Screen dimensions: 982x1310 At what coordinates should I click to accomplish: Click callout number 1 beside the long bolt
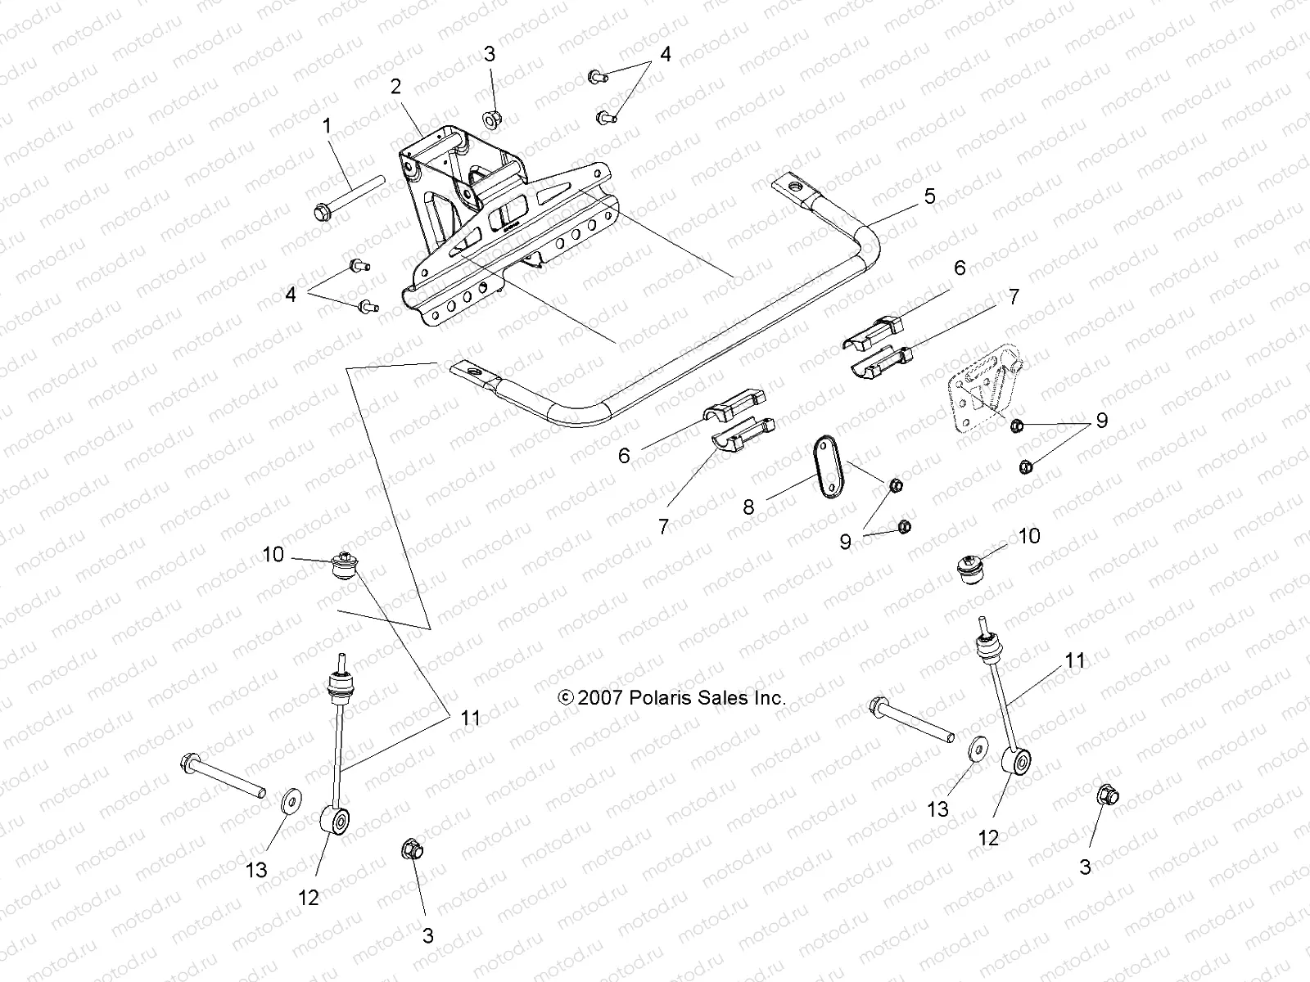click(327, 127)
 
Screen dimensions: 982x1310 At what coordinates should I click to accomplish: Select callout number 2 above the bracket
click(396, 87)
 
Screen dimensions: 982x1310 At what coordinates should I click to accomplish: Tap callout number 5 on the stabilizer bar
click(928, 196)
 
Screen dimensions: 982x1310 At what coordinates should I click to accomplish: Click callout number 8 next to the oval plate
click(748, 507)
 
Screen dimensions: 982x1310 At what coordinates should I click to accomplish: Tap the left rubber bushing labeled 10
click(344, 566)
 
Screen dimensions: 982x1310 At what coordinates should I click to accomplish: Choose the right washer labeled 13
click(976, 750)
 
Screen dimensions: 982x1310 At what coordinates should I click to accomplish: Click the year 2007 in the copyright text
click(601, 698)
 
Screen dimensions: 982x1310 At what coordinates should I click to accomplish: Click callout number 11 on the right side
click(1074, 660)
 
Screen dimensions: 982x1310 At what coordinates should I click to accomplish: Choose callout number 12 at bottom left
click(308, 898)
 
